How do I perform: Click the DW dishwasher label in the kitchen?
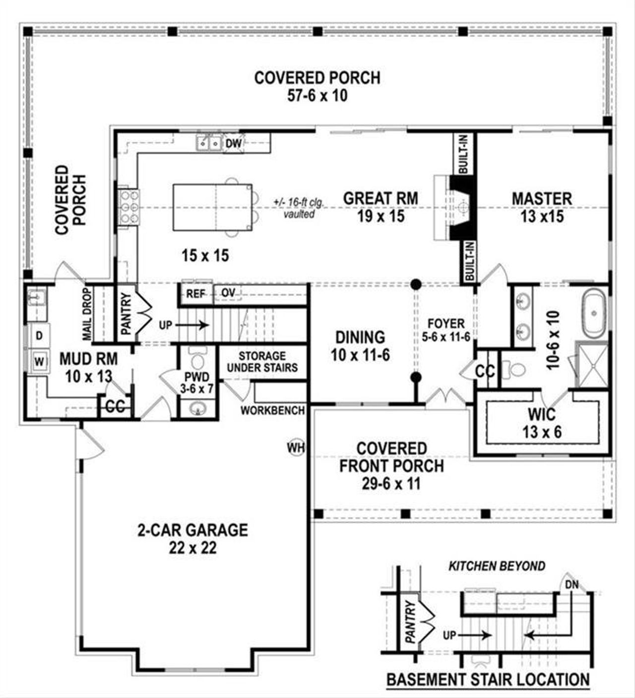click(233, 143)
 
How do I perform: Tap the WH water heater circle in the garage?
click(296, 448)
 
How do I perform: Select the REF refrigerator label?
click(196, 294)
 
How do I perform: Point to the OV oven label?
click(228, 293)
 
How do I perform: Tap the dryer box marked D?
click(39, 336)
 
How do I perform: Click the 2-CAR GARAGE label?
click(192, 530)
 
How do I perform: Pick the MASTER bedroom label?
click(542, 199)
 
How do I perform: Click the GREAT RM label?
click(381, 198)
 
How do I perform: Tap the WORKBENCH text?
click(273, 410)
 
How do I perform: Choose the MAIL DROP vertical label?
click(87, 315)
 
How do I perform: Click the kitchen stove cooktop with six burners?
click(128, 207)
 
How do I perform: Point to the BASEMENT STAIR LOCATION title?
click(488, 679)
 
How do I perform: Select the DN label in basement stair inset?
click(572, 585)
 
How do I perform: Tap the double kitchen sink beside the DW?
click(209, 143)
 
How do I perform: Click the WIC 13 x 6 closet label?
click(542, 422)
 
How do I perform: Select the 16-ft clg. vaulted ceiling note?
click(298, 208)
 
